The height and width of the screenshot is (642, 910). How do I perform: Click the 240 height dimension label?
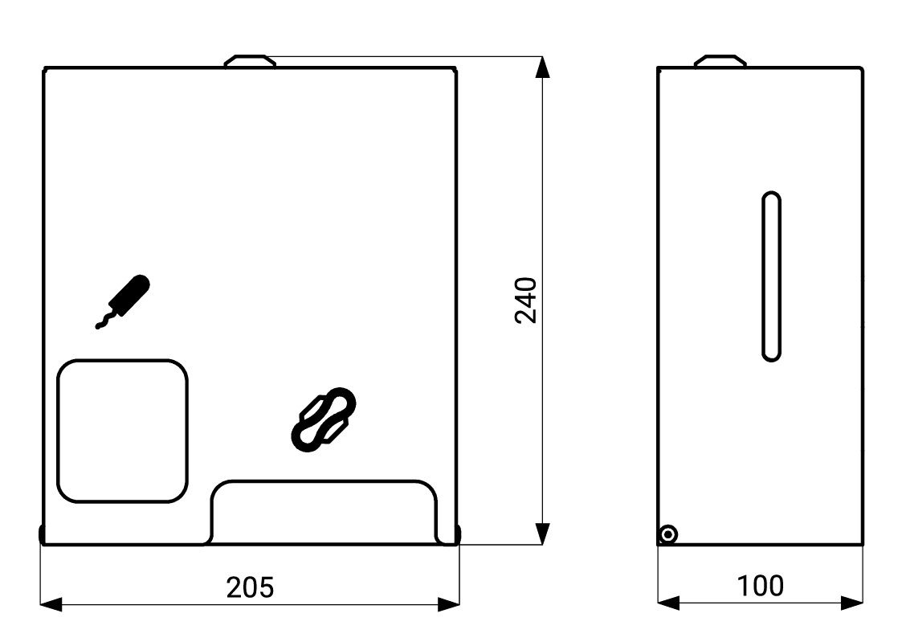click(526, 300)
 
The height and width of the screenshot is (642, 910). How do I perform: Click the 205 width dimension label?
click(250, 587)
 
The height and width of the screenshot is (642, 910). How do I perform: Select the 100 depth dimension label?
click(760, 587)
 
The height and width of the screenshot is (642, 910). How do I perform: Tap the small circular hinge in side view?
click(668, 534)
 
